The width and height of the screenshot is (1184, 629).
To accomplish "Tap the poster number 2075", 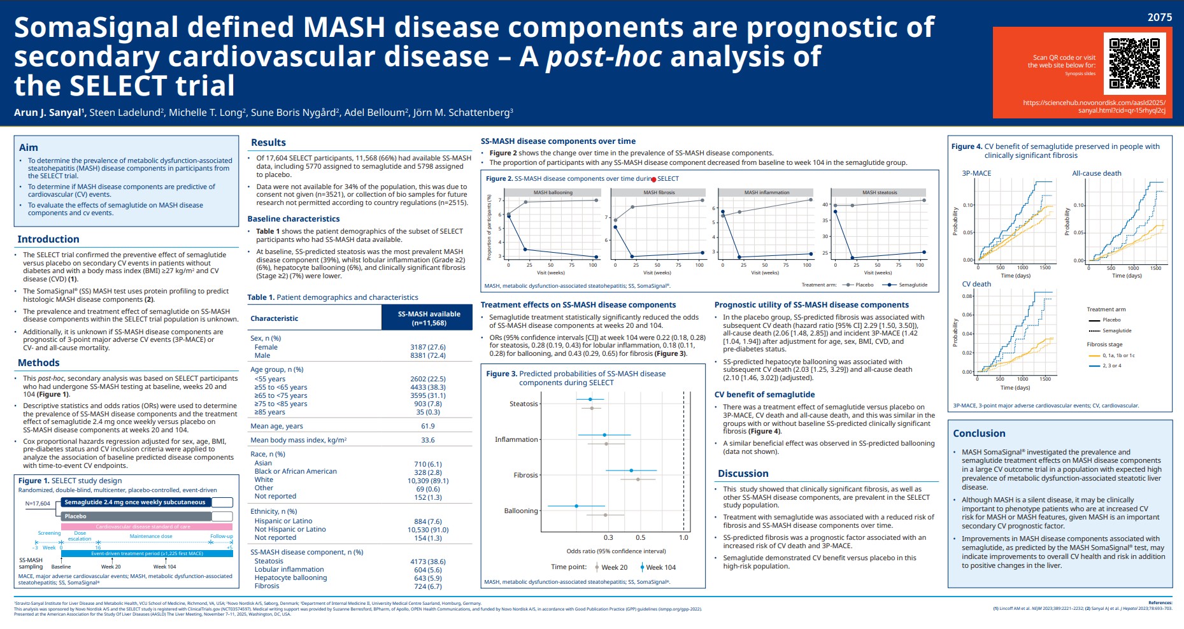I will pyautogui.click(x=1159, y=17).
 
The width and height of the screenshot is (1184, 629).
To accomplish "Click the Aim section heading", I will pyautogui.click(x=29, y=147).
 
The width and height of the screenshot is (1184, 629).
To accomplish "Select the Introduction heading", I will pyautogui.click(x=48, y=239).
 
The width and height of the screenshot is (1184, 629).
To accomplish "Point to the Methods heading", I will pyautogui.click(x=39, y=363).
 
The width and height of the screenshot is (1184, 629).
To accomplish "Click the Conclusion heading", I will pyautogui.click(x=979, y=434).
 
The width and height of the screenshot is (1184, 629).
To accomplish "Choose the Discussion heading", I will pyautogui.click(x=743, y=474).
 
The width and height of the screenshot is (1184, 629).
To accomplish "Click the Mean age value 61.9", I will pyautogui.click(x=428, y=427).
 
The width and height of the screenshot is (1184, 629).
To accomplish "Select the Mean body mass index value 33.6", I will pyautogui.click(x=428, y=440).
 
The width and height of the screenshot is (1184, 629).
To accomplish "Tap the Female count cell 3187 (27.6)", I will pyautogui.click(x=428, y=348).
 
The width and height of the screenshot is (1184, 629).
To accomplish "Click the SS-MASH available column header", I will pyautogui.click(x=429, y=318).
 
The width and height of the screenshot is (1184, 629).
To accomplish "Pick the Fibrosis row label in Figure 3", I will pyautogui.click(x=525, y=476).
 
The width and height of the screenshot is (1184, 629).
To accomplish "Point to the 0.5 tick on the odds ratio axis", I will pyautogui.click(x=640, y=538).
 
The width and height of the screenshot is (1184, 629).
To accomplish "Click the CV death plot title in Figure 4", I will pyautogui.click(x=976, y=285).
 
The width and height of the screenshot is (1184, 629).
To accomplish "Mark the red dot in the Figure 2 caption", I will pyautogui.click(x=654, y=180).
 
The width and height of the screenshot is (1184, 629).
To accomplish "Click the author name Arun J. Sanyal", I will pyautogui.click(x=49, y=113).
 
